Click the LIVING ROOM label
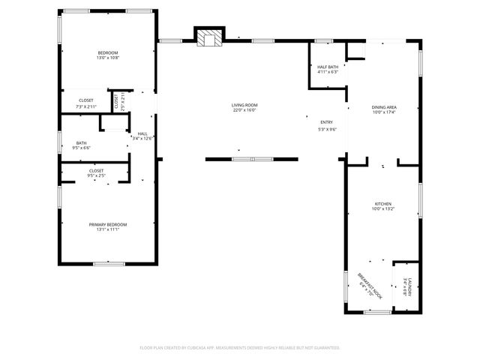244,105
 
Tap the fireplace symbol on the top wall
210,37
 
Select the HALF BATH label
327,67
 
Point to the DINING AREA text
384,107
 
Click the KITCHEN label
383,204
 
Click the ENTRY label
326,122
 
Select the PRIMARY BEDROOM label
108,224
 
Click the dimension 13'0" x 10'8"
108,57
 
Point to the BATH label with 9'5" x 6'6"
82,143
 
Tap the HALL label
142,133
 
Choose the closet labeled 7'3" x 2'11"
86,100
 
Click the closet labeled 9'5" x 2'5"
96,171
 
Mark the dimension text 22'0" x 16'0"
244,110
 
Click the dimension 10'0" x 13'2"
383,209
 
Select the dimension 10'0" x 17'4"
384,112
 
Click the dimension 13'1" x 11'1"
108,229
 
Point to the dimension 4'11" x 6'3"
327,72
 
